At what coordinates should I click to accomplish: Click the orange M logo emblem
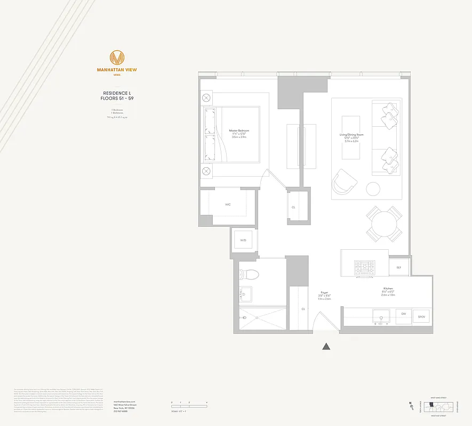[x=117, y=57]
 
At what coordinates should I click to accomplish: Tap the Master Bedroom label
[x=239, y=130]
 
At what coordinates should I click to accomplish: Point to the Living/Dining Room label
[x=351, y=135]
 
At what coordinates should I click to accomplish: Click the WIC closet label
[x=228, y=204]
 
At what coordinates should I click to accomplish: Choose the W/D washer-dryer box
[x=243, y=241]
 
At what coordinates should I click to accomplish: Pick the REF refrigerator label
[x=398, y=267]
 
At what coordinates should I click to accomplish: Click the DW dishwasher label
[x=404, y=314]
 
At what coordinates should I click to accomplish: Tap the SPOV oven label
[x=421, y=314]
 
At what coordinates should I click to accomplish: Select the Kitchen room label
[x=387, y=288]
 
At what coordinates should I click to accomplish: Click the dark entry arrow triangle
[x=326, y=347]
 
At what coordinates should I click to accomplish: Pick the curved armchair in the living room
[x=345, y=182]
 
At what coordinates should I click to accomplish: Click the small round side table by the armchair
[x=373, y=189]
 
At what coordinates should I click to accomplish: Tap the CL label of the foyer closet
[x=303, y=308]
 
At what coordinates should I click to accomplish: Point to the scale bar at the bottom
[x=188, y=406]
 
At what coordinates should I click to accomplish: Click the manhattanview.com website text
[x=125, y=402]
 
